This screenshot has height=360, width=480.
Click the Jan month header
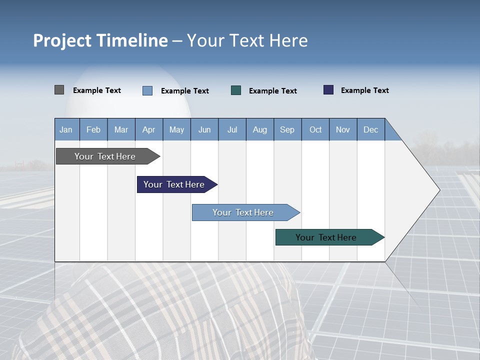click(66, 130)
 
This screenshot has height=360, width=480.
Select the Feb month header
click(93, 130)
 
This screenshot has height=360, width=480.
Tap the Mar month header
click(121, 130)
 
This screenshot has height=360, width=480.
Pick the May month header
click(176, 130)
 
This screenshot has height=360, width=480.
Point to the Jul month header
click(232, 130)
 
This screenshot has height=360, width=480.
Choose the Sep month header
click(287, 130)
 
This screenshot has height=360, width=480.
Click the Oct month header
click(315, 130)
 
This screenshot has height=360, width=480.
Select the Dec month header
click(370, 130)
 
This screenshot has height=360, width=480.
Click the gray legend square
click(59, 90)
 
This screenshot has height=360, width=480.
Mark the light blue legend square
click(147, 90)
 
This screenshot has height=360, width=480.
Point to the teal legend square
click(236, 90)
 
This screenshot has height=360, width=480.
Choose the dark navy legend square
click(328, 90)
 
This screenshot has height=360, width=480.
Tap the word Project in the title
click(61, 40)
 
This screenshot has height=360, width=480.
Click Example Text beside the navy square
click(364, 90)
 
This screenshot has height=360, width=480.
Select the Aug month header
click(259, 130)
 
